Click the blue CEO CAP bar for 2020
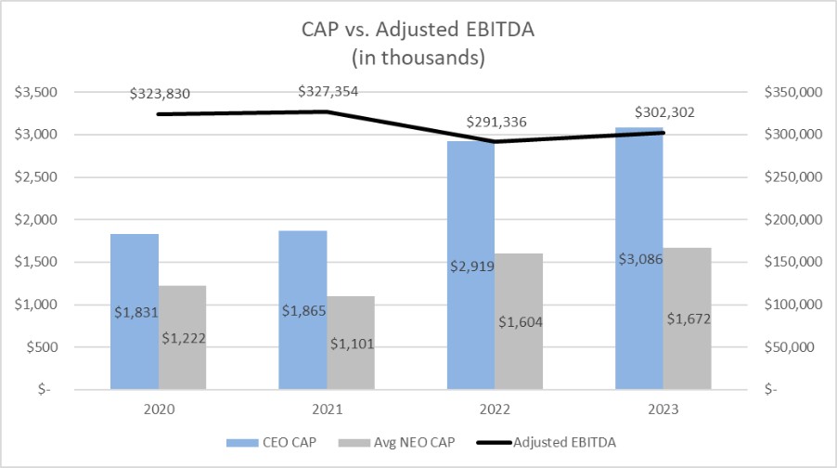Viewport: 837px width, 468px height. (135, 311)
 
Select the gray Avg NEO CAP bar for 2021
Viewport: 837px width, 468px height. (351, 343)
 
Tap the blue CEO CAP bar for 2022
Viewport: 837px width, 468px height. (470, 266)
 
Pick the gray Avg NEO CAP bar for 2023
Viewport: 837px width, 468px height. (688, 318)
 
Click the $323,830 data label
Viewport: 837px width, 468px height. (160, 94)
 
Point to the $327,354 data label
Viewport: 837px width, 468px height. (328, 92)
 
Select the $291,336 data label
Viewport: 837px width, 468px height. (496, 123)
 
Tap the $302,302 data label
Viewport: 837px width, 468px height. (664, 112)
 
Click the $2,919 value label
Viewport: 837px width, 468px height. (472, 266)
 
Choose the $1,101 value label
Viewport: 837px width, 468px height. (352, 344)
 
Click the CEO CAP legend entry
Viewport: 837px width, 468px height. (271, 442)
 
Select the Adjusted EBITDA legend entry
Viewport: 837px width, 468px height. (546, 442)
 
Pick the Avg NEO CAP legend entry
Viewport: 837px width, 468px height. (396, 442)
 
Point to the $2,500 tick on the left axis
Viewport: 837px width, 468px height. (36, 176)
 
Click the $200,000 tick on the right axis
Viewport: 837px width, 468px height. (793, 219)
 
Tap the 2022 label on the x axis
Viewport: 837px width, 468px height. (495, 409)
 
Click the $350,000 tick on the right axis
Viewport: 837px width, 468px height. (793, 93)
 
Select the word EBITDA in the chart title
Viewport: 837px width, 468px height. (500, 30)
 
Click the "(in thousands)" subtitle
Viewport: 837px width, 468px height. (418, 58)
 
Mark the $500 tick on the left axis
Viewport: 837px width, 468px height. (42, 347)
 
